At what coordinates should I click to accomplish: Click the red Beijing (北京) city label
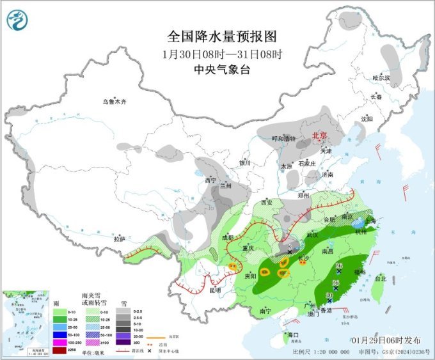pyautogui.click(x=319, y=136)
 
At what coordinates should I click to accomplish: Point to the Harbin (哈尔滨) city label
pyautogui.click(x=381, y=77)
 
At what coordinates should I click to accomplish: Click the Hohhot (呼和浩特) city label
pyautogui.click(x=284, y=138)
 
